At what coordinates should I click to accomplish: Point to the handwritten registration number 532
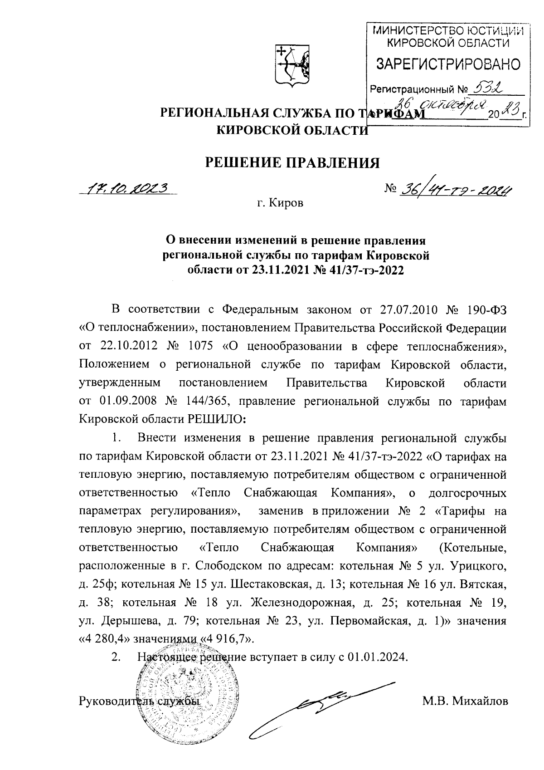coord(489,86)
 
